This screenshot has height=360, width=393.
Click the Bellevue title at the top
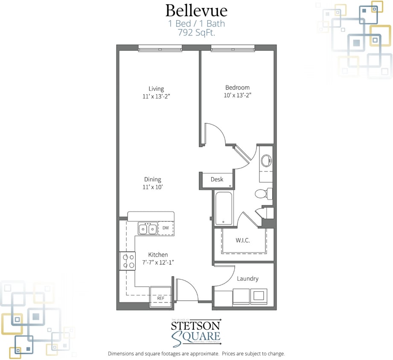pyautogui.click(x=196, y=10)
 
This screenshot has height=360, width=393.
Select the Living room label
pyautogui.click(x=156, y=89)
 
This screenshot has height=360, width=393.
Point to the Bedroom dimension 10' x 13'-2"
pyautogui.click(x=237, y=96)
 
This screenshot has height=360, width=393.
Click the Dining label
pyautogui.click(x=153, y=180)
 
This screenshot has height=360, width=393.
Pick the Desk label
pyautogui.click(x=217, y=180)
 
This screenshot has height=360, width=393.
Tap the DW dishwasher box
pyautogui.click(x=166, y=229)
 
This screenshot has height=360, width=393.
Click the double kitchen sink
pyautogui.click(x=147, y=229)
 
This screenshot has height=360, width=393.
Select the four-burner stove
pyautogui.click(x=127, y=261)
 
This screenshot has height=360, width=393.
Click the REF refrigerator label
pyautogui.click(x=160, y=298)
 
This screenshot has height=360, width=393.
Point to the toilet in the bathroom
pyautogui.click(x=262, y=194)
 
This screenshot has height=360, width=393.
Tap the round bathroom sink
pyautogui.click(x=266, y=161)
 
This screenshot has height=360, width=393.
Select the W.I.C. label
pyautogui.click(x=242, y=241)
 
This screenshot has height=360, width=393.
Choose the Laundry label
pyautogui.click(x=247, y=279)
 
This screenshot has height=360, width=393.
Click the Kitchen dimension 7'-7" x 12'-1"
pyautogui.click(x=158, y=263)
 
